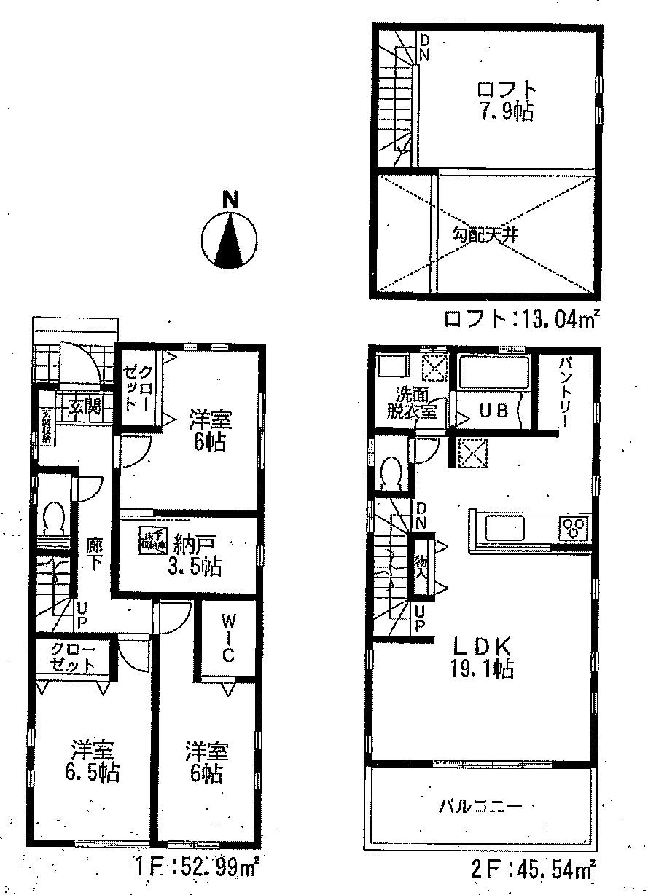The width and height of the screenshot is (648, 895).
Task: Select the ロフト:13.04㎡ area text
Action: point(522,318)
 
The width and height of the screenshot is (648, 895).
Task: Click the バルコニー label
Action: point(480,806)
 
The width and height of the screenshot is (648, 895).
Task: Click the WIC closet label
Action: point(228,639)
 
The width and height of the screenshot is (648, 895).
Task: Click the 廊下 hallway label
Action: point(95,553)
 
